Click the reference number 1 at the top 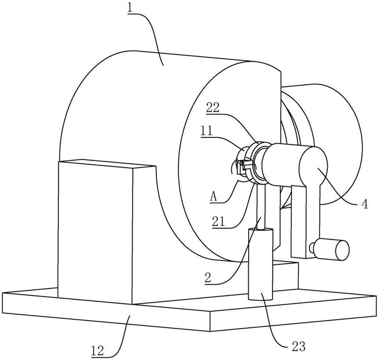pos(130,9)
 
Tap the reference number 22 pos(212,108)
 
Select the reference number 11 pos(206,131)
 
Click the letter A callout pos(214,197)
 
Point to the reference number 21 pos(218,222)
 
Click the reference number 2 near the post pos(208,278)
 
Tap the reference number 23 pos(299,347)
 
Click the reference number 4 pos(365,204)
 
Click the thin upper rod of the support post pos(261,207)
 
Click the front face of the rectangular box pos(96,233)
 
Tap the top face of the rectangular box pos(106,163)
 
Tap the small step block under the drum pos(285,275)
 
